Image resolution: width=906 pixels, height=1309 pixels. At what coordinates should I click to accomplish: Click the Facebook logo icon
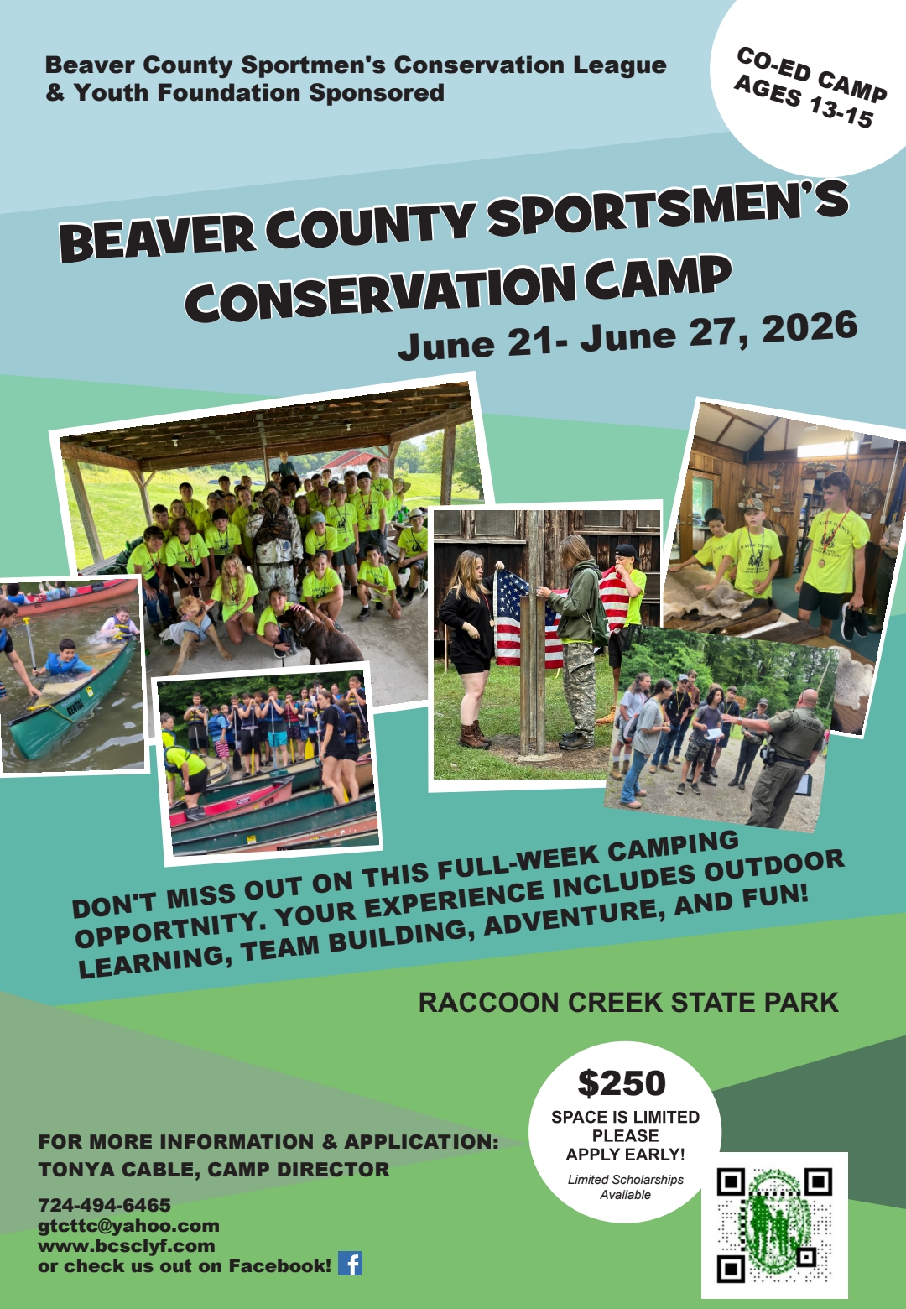click(x=350, y=1264)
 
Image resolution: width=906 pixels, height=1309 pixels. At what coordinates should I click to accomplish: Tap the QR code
click(x=774, y=1224)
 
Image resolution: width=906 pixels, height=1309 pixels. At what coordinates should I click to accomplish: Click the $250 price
click(x=622, y=1082)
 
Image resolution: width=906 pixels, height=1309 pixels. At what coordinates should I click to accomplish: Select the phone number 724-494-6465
click(x=105, y=1205)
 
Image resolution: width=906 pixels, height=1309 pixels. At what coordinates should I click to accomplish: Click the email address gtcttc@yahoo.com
click(x=128, y=1225)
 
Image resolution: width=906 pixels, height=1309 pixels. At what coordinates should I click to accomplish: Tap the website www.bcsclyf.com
click(x=126, y=1245)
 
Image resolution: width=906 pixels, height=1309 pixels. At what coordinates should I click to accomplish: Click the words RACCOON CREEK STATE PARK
click(x=628, y=1002)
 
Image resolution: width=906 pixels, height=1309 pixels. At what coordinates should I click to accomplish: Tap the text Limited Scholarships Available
click(x=625, y=1186)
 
